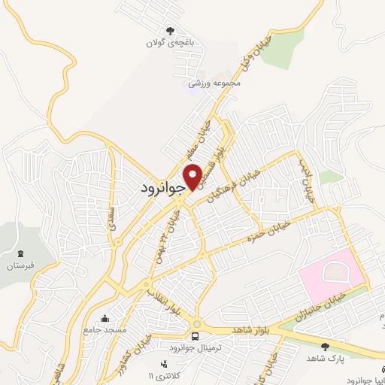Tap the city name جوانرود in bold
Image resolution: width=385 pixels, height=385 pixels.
pyautogui.click(x=162, y=188)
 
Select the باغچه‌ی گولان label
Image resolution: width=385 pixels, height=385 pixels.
pyautogui.click(x=170, y=43)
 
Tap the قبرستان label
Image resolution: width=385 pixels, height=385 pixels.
pyautogui.click(x=20, y=266)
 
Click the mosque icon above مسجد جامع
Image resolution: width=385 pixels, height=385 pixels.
pyautogui.click(x=114, y=318)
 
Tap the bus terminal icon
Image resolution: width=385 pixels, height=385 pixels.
pyautogui.click(x=196, y=336)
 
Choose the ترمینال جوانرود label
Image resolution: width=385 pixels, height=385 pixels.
pyautogui.click(x=196, y=348)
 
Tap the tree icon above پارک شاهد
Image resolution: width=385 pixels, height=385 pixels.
pyautogui.click(x=325, y=347)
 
